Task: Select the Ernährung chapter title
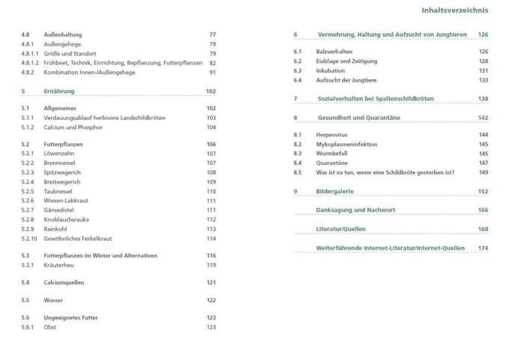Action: (x=59, y=91)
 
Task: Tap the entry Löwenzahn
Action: (x=60, y=154)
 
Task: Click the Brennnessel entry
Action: (x=61, y=163)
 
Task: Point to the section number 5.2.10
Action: (x=29, y=238)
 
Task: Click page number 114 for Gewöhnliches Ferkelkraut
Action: (x=211, y=238)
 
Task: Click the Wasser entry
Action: (x=53, y=300)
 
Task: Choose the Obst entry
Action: (x=51, y=327)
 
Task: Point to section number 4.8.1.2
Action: (x=30, y=63)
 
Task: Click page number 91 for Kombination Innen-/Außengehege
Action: (x=212, y=72)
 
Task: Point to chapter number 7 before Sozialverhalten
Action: (x=295, y=98)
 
